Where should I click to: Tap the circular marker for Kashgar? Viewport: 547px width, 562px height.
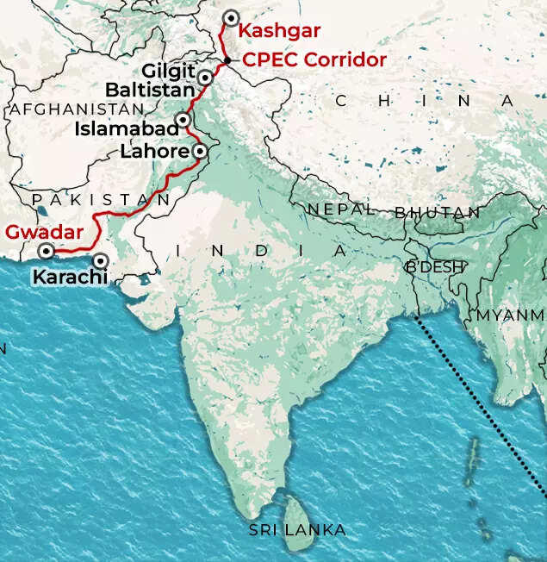[230, 18]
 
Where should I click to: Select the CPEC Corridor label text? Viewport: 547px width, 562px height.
[314, 60]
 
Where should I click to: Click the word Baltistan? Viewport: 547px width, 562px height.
[150, 89]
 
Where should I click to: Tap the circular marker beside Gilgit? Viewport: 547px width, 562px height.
[205, 78]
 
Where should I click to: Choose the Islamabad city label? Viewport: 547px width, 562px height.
[127, 129]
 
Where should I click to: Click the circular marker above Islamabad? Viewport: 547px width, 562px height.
[183, 119]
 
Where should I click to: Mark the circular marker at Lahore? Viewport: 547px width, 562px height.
[200, 151]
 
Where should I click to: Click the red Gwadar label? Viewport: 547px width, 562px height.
[44, 232]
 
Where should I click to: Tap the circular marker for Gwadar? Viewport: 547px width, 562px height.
[45, 252]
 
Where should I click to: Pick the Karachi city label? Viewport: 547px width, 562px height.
[70, 278]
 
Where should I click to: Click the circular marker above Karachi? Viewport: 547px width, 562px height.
[101, 259]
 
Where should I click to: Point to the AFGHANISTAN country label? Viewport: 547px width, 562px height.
[76, 109]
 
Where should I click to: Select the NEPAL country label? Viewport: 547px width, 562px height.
[340, 209]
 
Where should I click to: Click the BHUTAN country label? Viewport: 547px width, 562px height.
[437, 212]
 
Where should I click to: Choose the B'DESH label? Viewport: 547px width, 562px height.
[435, 266]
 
